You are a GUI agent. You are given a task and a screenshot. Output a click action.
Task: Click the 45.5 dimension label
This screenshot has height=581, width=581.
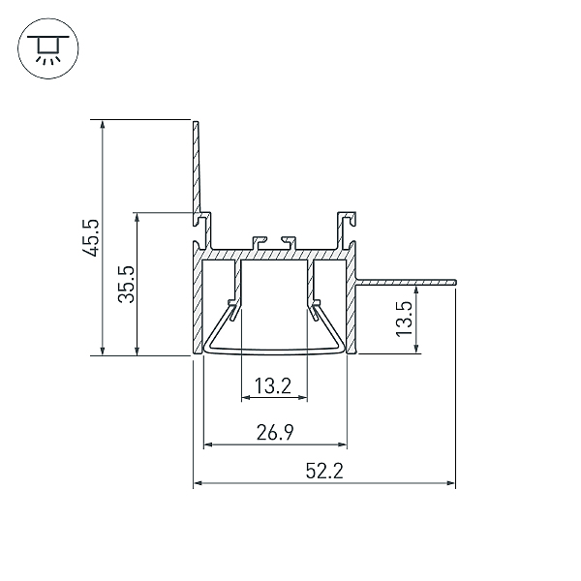coord(90,238)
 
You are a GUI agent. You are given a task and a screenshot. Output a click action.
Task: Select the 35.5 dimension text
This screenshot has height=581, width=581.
coord(126,284)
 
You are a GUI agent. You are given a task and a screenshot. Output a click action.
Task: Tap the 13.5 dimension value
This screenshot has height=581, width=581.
coord(404,319)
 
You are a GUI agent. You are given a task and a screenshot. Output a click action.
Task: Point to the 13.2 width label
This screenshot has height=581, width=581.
coord(273,385)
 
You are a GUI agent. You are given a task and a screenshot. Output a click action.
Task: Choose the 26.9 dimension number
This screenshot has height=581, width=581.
coord(275,432)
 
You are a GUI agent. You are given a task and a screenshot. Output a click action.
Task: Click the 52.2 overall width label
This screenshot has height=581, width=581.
coord(324,471)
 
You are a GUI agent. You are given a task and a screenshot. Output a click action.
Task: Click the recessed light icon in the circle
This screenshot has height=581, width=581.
coord(48,48)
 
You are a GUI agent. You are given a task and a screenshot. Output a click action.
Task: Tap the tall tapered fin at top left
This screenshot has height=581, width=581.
coord(197,172)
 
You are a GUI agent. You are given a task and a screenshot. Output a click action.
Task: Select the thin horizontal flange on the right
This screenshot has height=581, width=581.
coord(406,283)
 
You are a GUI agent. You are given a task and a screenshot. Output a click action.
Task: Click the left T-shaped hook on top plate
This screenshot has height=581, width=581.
coord(259,243)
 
